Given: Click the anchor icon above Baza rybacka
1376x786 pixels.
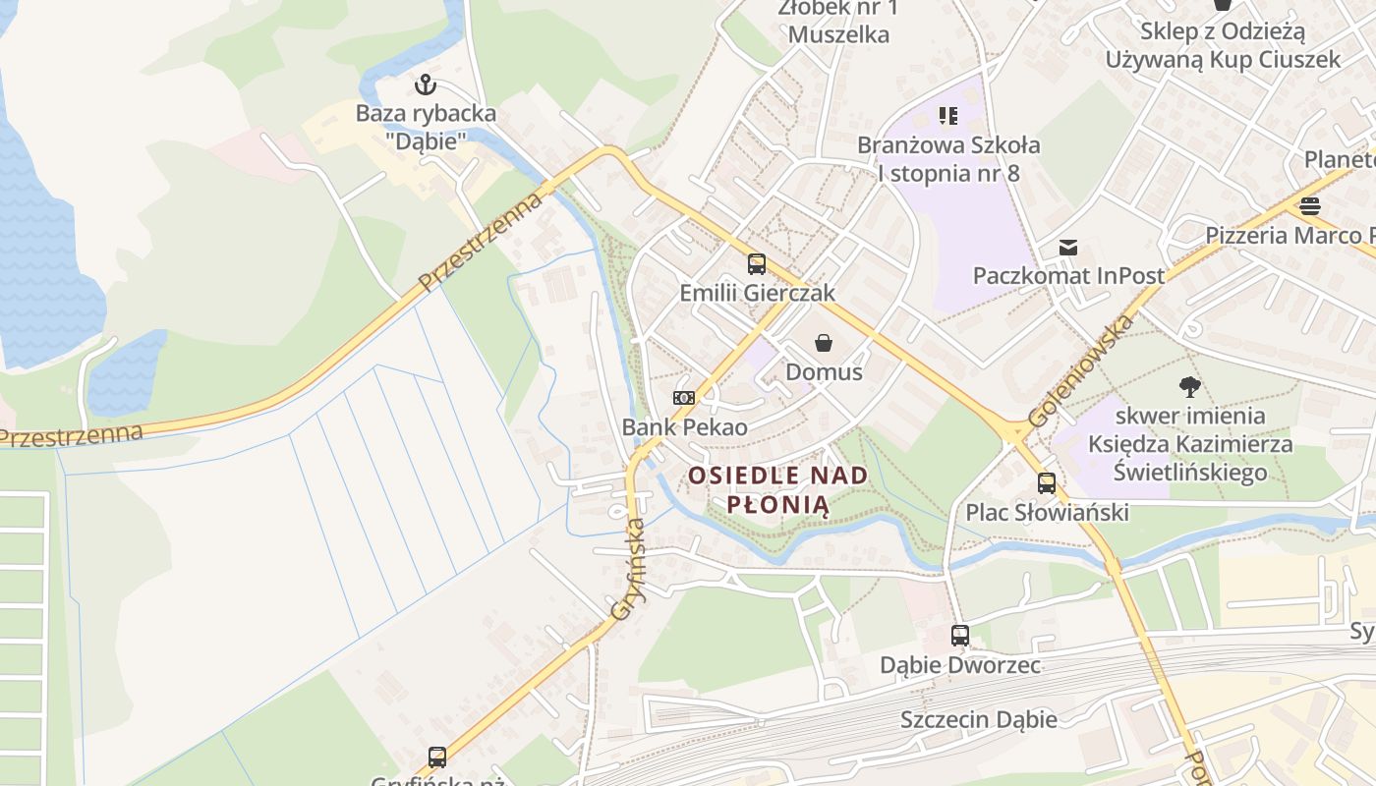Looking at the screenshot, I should [426, 84].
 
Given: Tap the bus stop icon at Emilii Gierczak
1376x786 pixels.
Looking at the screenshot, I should [756, 263].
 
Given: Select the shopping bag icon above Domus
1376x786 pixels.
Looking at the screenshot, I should [824, 343].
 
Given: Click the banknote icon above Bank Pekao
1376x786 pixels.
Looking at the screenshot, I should [683, 398].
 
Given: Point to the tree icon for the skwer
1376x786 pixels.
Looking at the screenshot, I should [1190, 387].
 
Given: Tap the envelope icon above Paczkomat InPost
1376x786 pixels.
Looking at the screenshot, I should [1068, 248].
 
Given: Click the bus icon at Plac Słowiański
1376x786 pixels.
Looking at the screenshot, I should [1047, 483].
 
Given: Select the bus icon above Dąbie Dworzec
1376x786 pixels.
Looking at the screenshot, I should [959, 636].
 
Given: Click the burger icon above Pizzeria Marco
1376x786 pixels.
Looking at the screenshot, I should [1309, 206].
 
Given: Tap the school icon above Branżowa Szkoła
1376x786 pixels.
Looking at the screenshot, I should [947, 116].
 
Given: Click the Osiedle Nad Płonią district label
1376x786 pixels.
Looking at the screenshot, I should [778, 490].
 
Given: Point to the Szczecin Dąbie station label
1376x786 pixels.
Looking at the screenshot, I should [979, 719].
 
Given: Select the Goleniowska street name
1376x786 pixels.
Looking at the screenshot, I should [1080, 370].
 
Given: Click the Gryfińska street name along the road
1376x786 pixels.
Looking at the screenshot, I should [628, 569].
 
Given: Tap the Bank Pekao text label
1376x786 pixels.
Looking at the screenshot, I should [684, 427].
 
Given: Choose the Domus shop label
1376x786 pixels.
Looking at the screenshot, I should [824, 372].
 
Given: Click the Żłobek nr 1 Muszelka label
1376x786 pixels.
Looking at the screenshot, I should [838, 22].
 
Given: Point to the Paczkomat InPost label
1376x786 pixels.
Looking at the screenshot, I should [1068, 275].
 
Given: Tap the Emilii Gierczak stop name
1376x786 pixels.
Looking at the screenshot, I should [757, 293].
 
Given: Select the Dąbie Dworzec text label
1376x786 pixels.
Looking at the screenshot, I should [960, 665].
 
